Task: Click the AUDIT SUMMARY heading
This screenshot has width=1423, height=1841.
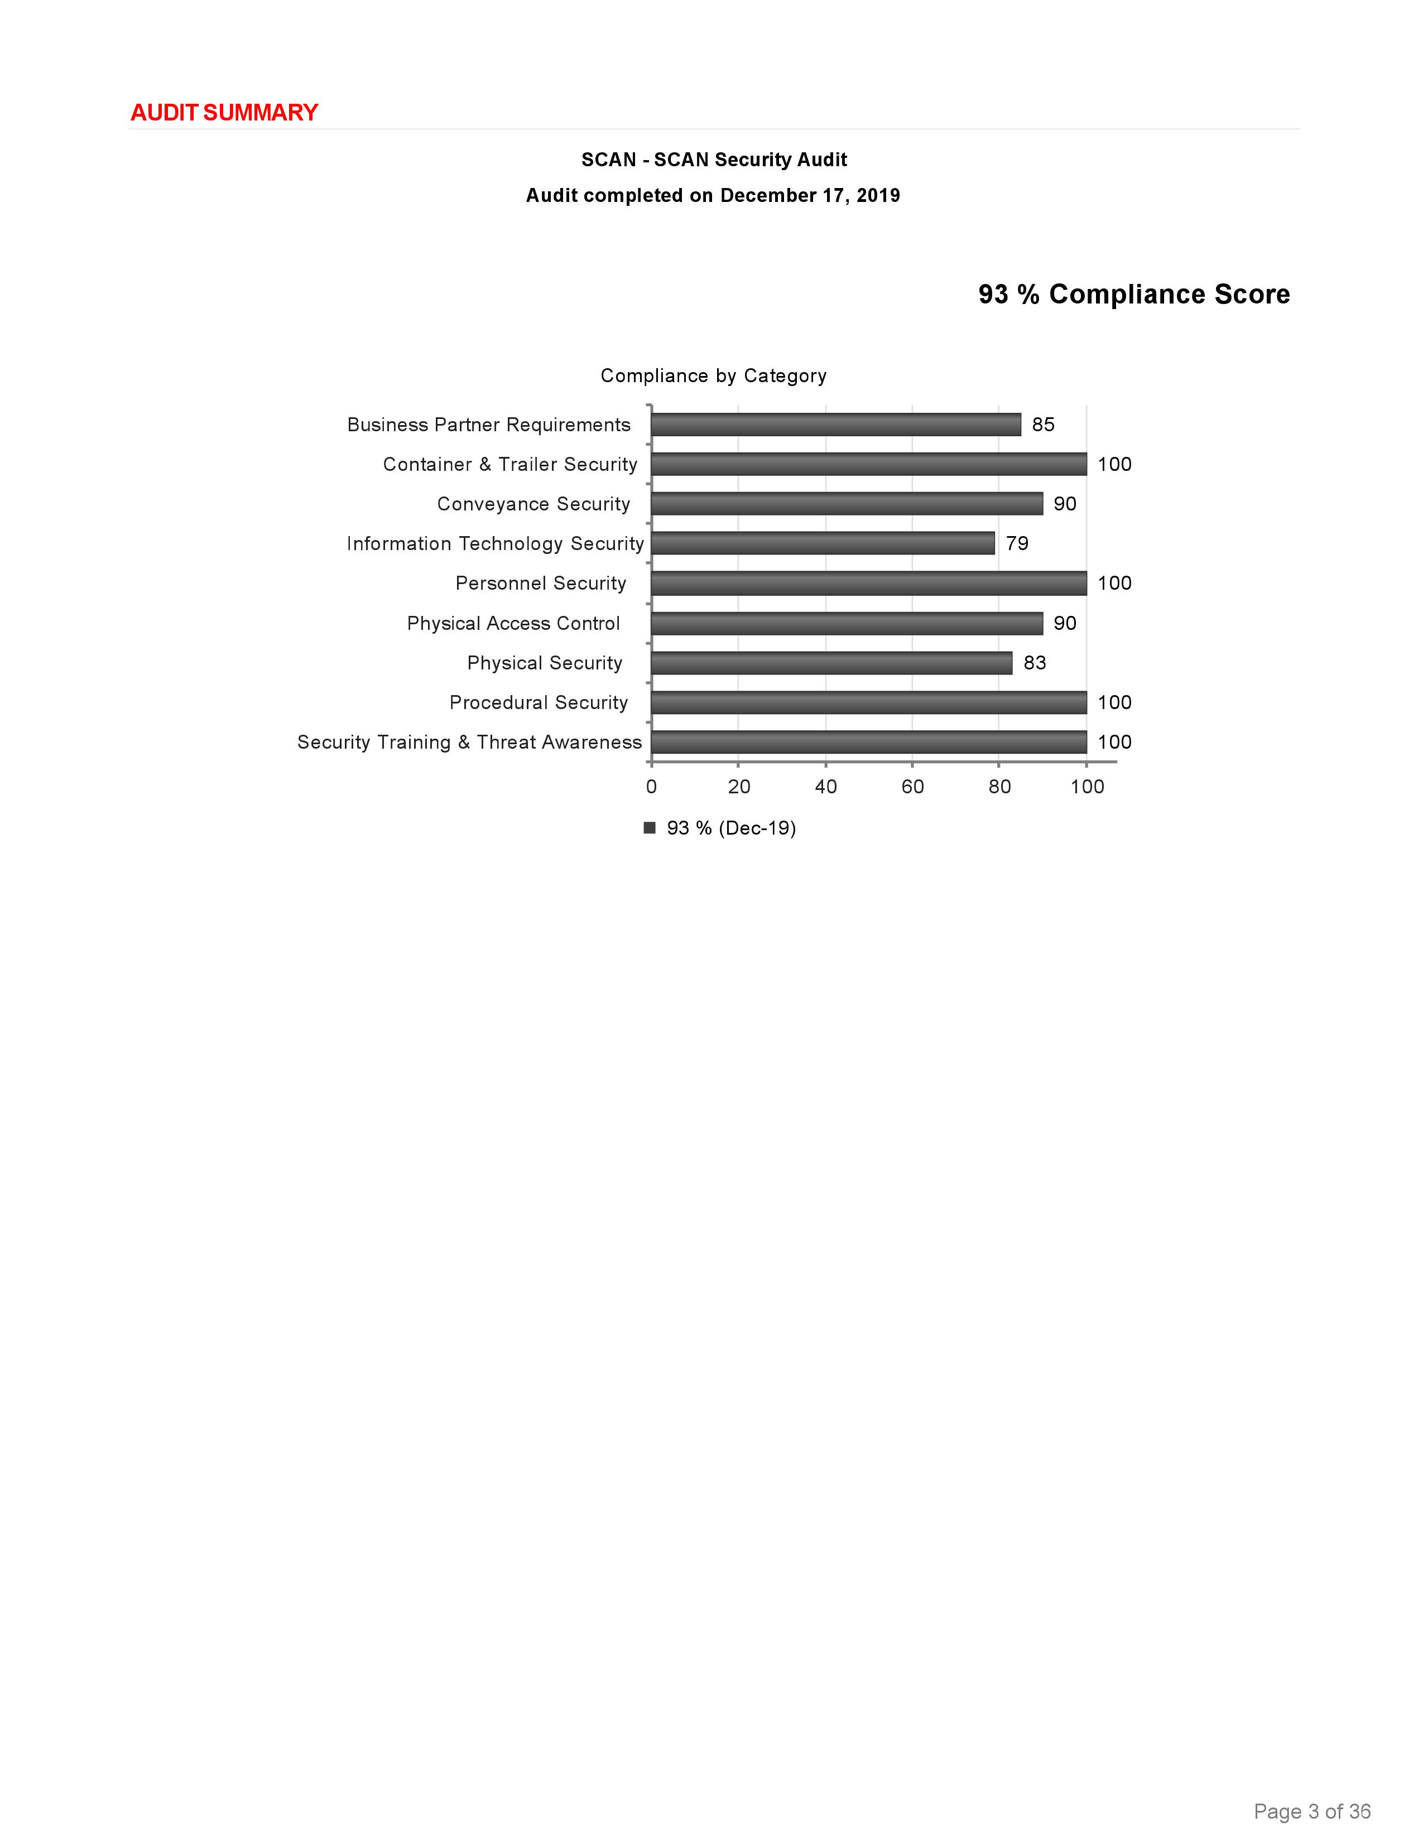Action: [224, 112]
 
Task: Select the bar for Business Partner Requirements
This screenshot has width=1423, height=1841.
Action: [835, 425]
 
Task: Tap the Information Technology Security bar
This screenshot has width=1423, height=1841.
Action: [822, 544]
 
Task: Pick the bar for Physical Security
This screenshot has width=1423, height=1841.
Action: [831, 663]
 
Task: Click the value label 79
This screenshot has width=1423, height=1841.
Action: [1017, 544]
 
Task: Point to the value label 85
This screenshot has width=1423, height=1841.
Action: [1043, 425]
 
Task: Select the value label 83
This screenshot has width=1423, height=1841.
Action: [1035, 663]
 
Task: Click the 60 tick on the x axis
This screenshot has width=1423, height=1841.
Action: [912, 787]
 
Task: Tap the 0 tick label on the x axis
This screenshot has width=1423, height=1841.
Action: [651, 787]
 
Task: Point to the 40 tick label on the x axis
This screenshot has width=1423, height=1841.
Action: [825, 787]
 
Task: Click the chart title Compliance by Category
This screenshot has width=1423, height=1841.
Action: [713, 376]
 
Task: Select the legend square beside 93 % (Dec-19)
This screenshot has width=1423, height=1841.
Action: [649, 828]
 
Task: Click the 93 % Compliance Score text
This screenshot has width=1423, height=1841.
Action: [1134, 294]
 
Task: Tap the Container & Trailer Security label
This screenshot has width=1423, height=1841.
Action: [510, 465]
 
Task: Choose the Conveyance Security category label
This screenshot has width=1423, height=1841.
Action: [533, 504]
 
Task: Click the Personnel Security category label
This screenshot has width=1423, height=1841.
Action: [540, 584]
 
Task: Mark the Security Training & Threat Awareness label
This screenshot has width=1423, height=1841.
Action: [469, 743]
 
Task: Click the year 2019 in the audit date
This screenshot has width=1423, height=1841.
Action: [878, 196]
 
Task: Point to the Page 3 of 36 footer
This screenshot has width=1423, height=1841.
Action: [1312, 1811]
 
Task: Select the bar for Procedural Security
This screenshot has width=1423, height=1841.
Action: [868, 703]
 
